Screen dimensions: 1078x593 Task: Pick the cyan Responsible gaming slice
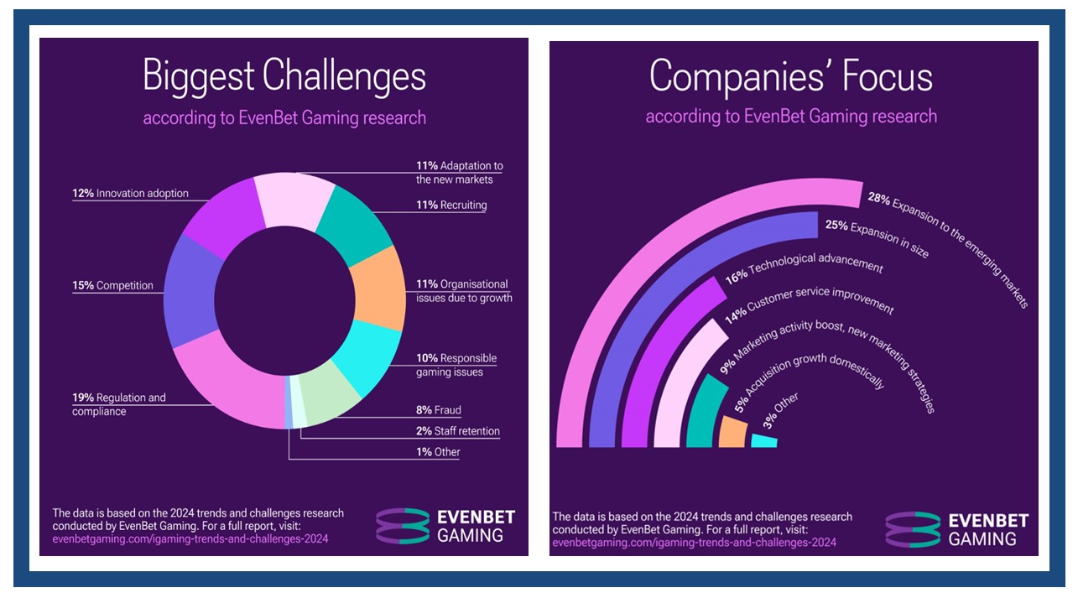[x=368, y=357]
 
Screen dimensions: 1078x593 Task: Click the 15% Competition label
[x=112, y=285]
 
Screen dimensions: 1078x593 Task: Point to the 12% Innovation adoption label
[x=130, y=193]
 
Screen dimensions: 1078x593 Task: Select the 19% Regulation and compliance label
[x=119, y=404]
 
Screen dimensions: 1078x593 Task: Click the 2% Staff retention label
[x=458, y=431]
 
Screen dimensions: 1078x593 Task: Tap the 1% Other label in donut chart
[x=438, y=452]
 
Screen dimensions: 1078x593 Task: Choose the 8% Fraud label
[x=439, y=410]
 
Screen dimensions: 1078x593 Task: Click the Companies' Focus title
[x=791, y=77]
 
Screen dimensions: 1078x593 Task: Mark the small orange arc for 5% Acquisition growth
[x=732, y=432]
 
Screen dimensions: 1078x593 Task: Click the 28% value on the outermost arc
[x=879, y=199]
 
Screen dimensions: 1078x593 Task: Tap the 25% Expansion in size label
[x=877, y=239]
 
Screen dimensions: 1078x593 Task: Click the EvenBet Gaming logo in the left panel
[x=445, y=526]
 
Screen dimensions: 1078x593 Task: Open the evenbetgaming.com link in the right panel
[x=695, y=543]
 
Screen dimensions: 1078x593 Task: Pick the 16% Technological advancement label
[x=805, y=268]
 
